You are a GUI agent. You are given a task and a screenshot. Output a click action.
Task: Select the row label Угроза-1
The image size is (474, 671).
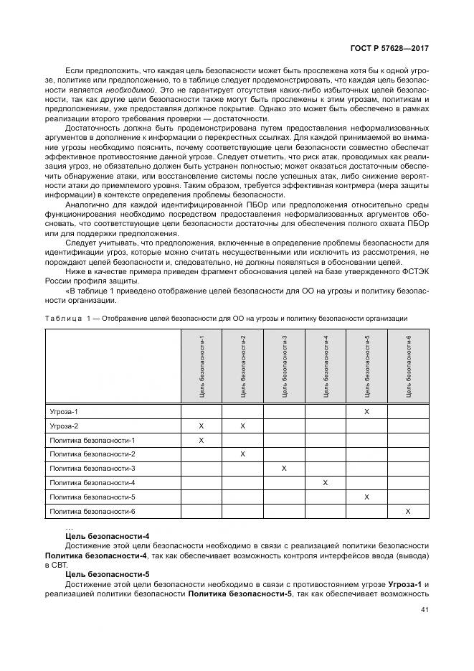(64, 412)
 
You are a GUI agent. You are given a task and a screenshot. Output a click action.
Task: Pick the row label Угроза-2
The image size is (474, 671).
(64, 426)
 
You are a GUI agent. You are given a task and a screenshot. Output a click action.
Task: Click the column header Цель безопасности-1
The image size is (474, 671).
(202, 366)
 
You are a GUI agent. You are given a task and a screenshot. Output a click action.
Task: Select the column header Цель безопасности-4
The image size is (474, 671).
(326, 366)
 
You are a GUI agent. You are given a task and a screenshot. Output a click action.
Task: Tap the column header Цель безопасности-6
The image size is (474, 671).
(409, 366)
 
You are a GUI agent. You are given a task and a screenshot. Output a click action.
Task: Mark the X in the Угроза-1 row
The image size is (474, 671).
(367, 412)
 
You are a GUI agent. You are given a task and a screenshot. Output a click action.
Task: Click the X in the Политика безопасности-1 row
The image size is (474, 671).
(202, 440)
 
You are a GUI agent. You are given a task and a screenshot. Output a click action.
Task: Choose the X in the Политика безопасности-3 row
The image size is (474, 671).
(284, 469)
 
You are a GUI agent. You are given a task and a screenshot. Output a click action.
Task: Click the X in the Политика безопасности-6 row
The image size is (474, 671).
(408, 511)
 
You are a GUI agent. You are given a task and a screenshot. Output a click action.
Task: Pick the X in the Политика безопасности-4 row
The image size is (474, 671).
(326, 483)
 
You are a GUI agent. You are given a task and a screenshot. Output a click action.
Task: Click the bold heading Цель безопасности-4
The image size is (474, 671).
(107, 536)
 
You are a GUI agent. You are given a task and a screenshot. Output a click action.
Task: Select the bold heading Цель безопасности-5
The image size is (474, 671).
(107, 574)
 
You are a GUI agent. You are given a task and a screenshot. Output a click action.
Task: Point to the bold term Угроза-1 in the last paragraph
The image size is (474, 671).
(405, 584)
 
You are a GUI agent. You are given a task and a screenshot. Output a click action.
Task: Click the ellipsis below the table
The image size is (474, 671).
(69, 527)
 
